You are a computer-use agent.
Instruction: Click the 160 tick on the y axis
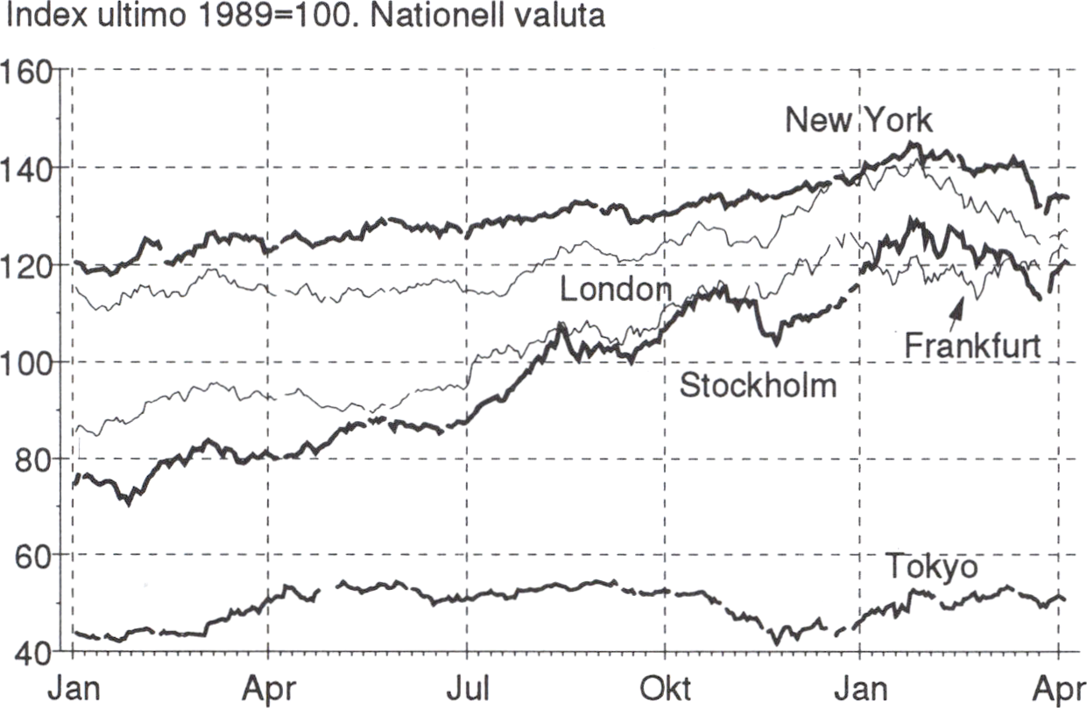tap(29, 71)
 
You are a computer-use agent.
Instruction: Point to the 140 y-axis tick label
tap(29, 168)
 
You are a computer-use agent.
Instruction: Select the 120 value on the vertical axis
tap(29, 264)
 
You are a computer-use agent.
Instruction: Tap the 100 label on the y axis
tap(29, 361)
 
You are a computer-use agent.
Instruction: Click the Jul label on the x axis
tap(465, 686)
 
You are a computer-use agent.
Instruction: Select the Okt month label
tap(664, 686)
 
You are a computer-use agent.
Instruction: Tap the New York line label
tap(858, 121)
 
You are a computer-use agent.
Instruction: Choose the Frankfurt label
tap(972, 346)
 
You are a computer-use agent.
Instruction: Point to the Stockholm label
tap(759, 385)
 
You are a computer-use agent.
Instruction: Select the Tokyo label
tap(932, 567)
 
